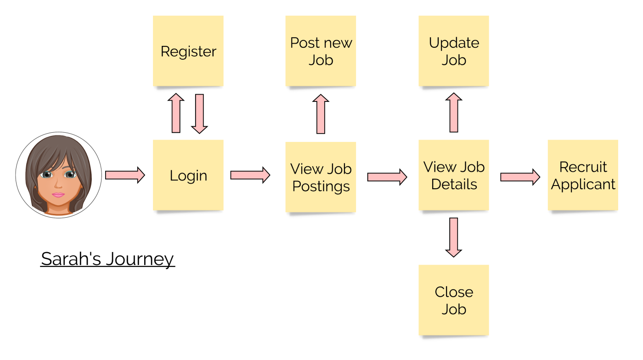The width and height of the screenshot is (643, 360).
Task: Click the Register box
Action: click(188, 51)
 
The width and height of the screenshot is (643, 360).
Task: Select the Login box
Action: click(188, 175)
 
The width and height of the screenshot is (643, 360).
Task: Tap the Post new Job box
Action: click(321, 51)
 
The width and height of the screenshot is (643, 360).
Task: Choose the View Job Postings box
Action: click(321, 177)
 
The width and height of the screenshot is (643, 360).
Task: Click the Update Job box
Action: click(454, 51)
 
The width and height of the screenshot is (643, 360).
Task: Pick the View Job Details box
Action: click(454, 175)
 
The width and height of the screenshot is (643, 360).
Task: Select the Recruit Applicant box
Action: click(583, 175)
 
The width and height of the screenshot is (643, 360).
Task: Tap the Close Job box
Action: click(454, 300)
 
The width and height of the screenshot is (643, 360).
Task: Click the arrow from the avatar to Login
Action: click(124, 175)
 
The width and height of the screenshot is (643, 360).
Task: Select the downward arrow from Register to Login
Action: click(199, 113)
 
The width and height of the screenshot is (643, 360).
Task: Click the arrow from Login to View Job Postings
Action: click(250, 175)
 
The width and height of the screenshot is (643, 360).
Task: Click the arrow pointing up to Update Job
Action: click(454, 112)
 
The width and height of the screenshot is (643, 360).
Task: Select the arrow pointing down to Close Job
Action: click(454, 237)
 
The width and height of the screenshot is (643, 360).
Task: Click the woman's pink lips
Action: click(58, 195)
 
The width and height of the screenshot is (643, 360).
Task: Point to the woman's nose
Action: click(58, 185)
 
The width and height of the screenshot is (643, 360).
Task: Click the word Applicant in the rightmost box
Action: click(583, 184)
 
